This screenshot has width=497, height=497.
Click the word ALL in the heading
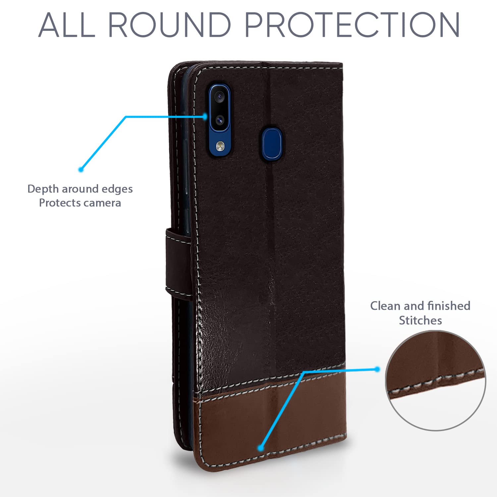point(67,25)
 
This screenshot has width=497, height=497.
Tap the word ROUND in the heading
point(169,25)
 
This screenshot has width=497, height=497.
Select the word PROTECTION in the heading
point(352,25)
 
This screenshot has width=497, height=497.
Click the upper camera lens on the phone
point(219,97)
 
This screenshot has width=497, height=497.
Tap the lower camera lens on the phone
point(219,120)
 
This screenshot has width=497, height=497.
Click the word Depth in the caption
point(43,189)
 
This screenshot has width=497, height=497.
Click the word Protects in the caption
point(56,202)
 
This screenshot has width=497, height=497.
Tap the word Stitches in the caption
point(420,320)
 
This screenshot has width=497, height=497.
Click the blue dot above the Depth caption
point(81,169)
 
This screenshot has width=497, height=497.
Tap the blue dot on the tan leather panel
point(261,448)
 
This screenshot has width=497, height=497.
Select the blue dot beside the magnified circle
point(377,369)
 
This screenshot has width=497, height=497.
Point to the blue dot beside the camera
point(205,116)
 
